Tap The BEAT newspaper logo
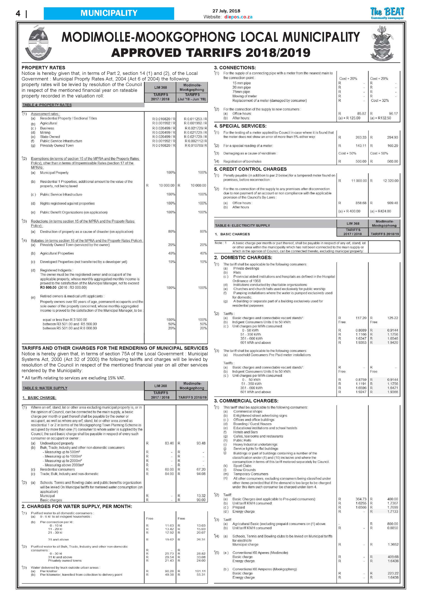387,13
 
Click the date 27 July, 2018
226,11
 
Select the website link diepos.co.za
238,17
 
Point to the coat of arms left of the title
38,45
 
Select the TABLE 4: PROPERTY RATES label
47,105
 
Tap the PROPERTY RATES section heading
43,68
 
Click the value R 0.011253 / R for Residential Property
195,119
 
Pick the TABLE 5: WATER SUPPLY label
45,388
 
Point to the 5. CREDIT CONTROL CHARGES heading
250,169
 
